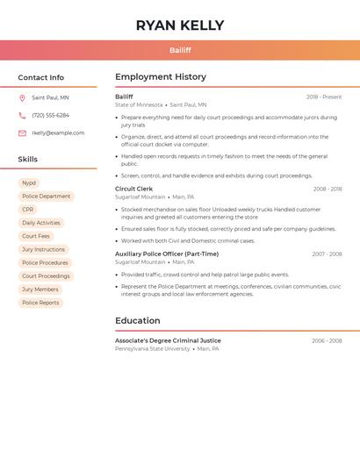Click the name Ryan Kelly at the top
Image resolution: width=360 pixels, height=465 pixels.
(x=180, y=25)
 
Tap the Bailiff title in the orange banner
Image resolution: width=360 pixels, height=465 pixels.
(x=180, y=50)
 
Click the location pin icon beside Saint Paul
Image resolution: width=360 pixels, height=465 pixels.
(x=22, y=98)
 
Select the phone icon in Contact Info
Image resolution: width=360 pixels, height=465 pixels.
(x=22, y=116)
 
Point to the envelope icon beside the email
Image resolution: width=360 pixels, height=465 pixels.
(x=22, y=133)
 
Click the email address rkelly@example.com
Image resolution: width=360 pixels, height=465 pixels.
(x=58, y=133)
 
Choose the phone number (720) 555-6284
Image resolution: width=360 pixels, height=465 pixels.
(x=50, y=116)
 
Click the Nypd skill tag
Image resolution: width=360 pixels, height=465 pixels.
(x=29, y=183)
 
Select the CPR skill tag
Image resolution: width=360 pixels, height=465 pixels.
(x=28, y=210)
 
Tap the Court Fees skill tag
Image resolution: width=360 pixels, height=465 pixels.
(x=36, y=236)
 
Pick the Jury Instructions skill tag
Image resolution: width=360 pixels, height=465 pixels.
(x=43, y=249)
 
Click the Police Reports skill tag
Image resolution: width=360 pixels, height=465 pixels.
(x=40, y=303)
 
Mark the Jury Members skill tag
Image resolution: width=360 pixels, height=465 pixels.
(x=40, y=290)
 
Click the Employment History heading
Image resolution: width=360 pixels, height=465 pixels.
(x=161, y=77)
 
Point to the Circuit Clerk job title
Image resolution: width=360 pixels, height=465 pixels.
(x=133, y=189)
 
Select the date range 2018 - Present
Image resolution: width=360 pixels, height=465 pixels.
(x=324, y=97)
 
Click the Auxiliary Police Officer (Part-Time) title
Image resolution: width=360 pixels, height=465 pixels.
(x=167, y=254)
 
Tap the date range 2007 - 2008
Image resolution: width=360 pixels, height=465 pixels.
(x=327, y=254)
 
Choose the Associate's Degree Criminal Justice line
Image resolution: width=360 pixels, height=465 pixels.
(x=168, y=340)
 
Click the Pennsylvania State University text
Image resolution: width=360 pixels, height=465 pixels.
(x=152, y=349)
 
